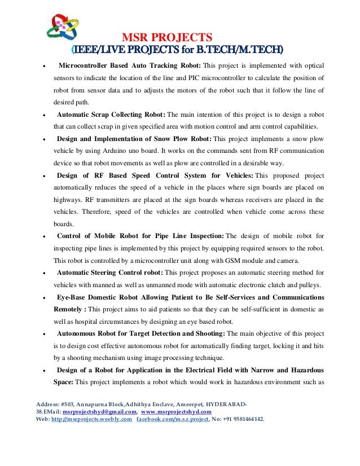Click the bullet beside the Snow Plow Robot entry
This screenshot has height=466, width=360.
pyautogui.click(x=44, y=139)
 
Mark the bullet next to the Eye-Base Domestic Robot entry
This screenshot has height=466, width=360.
pyautogui.click(x=44, y=297)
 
